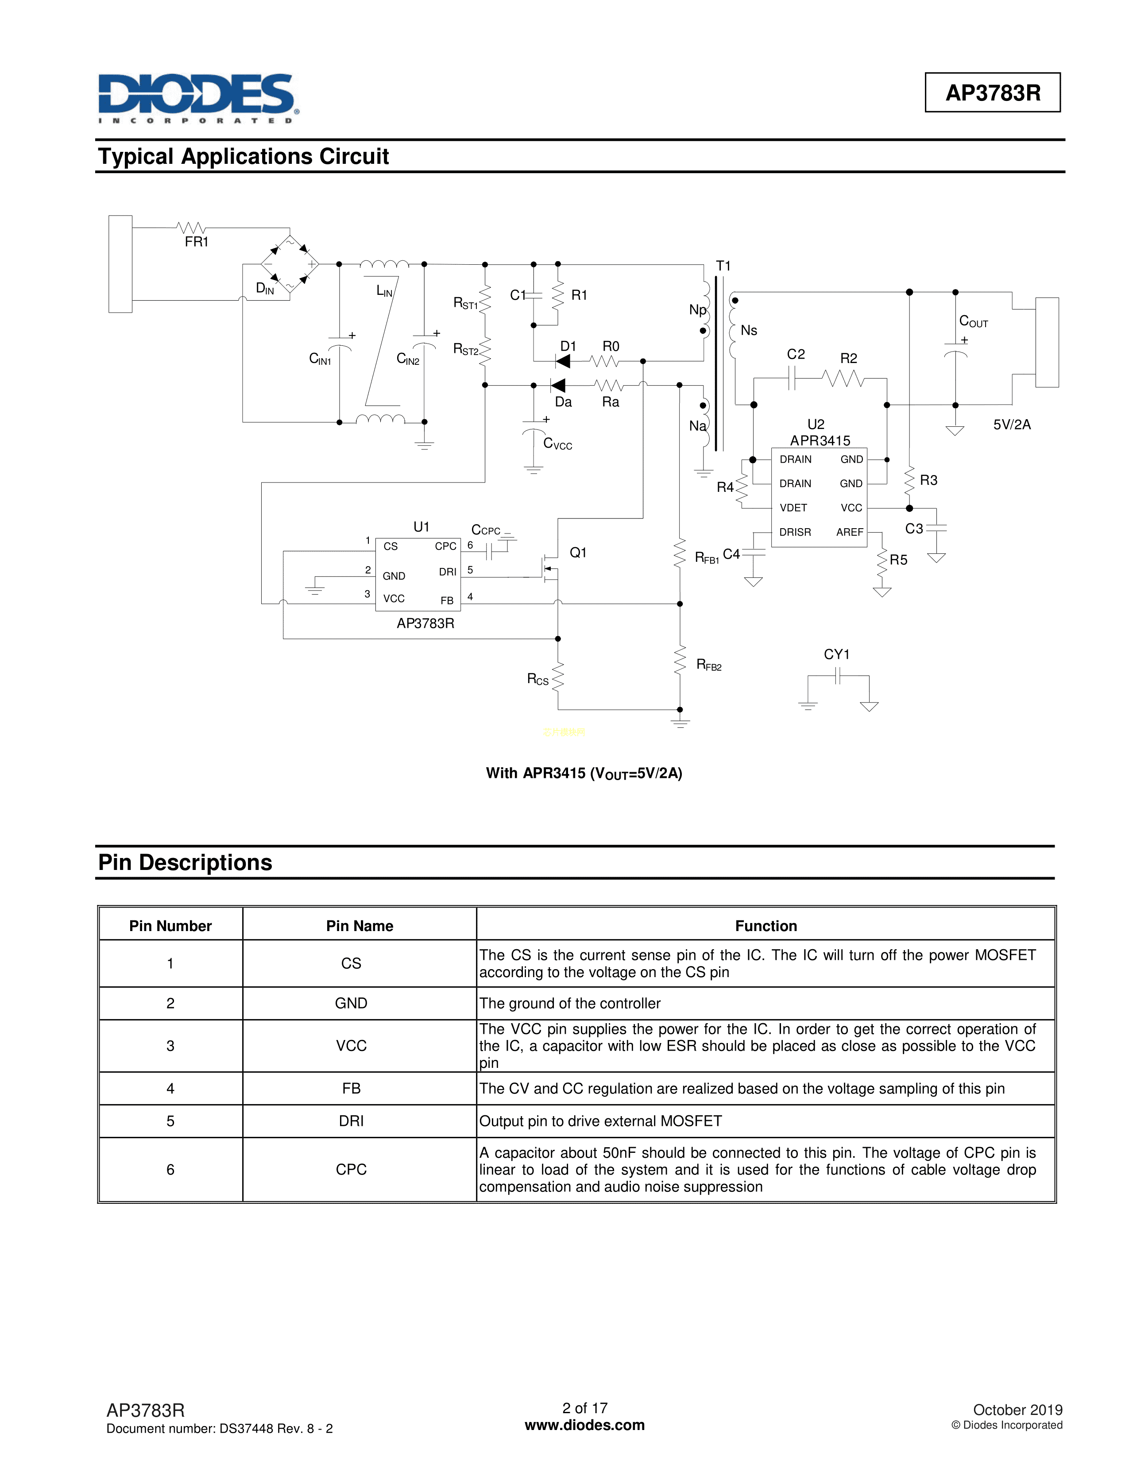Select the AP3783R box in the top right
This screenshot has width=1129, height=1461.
click(x=993, y=93)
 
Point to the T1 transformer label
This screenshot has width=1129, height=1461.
click(x=723, y=266)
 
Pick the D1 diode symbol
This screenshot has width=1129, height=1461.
click(x=563, y=361)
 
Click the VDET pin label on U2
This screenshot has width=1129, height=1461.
click(x=793, y=508)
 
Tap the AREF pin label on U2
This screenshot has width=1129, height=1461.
click(x=850, y=533)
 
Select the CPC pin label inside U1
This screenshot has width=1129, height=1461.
click(x=445, y=546)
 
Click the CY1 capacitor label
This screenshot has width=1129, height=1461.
click(x=836, y=654)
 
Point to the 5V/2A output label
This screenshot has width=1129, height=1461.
click(x=1011, y=425)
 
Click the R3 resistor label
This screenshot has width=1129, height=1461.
click(x=928, y=480)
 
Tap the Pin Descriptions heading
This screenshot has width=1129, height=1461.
click(x=185, y=863)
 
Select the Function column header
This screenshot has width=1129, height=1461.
click(x=766, y=926)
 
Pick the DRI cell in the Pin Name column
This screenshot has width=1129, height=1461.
click(x=351, y=1121)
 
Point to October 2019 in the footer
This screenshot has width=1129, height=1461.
click(x=1017, y=1410)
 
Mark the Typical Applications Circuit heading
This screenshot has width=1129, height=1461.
click(x=244, y=157)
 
